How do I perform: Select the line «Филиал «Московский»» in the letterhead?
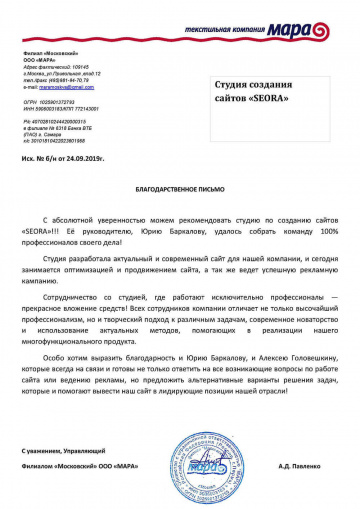pyautogui.click(x=53, y=49)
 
